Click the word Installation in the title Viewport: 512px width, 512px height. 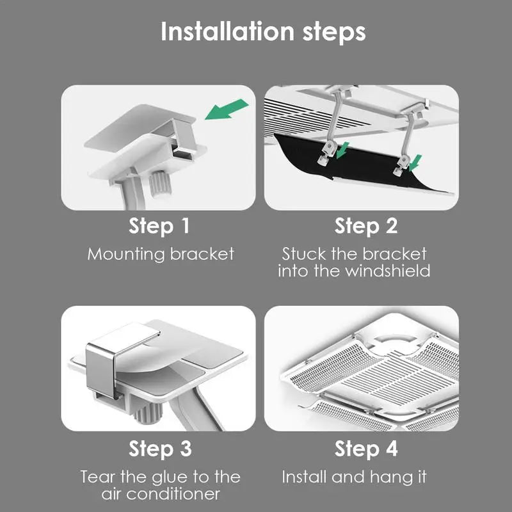point(228,31)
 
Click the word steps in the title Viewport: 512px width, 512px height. point(334,33)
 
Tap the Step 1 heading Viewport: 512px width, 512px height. point(159,226)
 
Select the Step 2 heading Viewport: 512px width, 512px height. point(366,226)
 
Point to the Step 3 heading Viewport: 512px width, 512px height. point(160,449)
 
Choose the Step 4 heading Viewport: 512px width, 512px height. point(366,449)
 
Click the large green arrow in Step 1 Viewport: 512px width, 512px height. point(227,109)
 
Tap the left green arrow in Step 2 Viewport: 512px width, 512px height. point(342,150)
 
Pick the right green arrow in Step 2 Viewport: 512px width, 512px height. point(415,163)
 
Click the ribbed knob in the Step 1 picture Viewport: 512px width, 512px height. point(161,184)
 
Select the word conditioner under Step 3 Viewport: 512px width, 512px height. point(173,494)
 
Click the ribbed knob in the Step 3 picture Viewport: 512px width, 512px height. point(148,412)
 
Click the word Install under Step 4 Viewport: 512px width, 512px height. point(305,477)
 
